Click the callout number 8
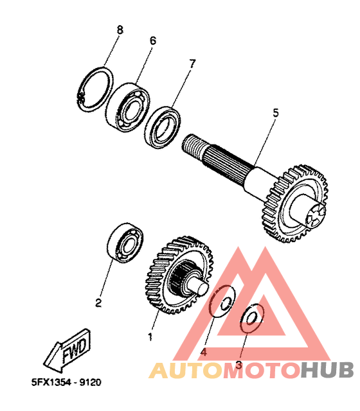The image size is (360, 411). (x=120, y=30)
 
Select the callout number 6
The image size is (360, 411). (x=153, y=40)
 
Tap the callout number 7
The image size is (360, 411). (x=192, y=64)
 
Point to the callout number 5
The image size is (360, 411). (x=276, y=113)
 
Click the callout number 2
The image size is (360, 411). (x=98, y=303)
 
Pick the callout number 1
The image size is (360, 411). (x=150, y=337)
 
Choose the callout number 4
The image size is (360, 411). (x=203, y=352)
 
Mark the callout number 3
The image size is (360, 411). (x=239, y=365)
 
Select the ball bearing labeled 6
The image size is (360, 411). (x=129, y=107)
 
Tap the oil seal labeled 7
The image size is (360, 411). (x=163, y=128)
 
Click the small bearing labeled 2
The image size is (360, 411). (x=125, y=243)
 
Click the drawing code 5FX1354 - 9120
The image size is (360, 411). (x=66, y=382)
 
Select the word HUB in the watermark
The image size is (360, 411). (x=327, y=370)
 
